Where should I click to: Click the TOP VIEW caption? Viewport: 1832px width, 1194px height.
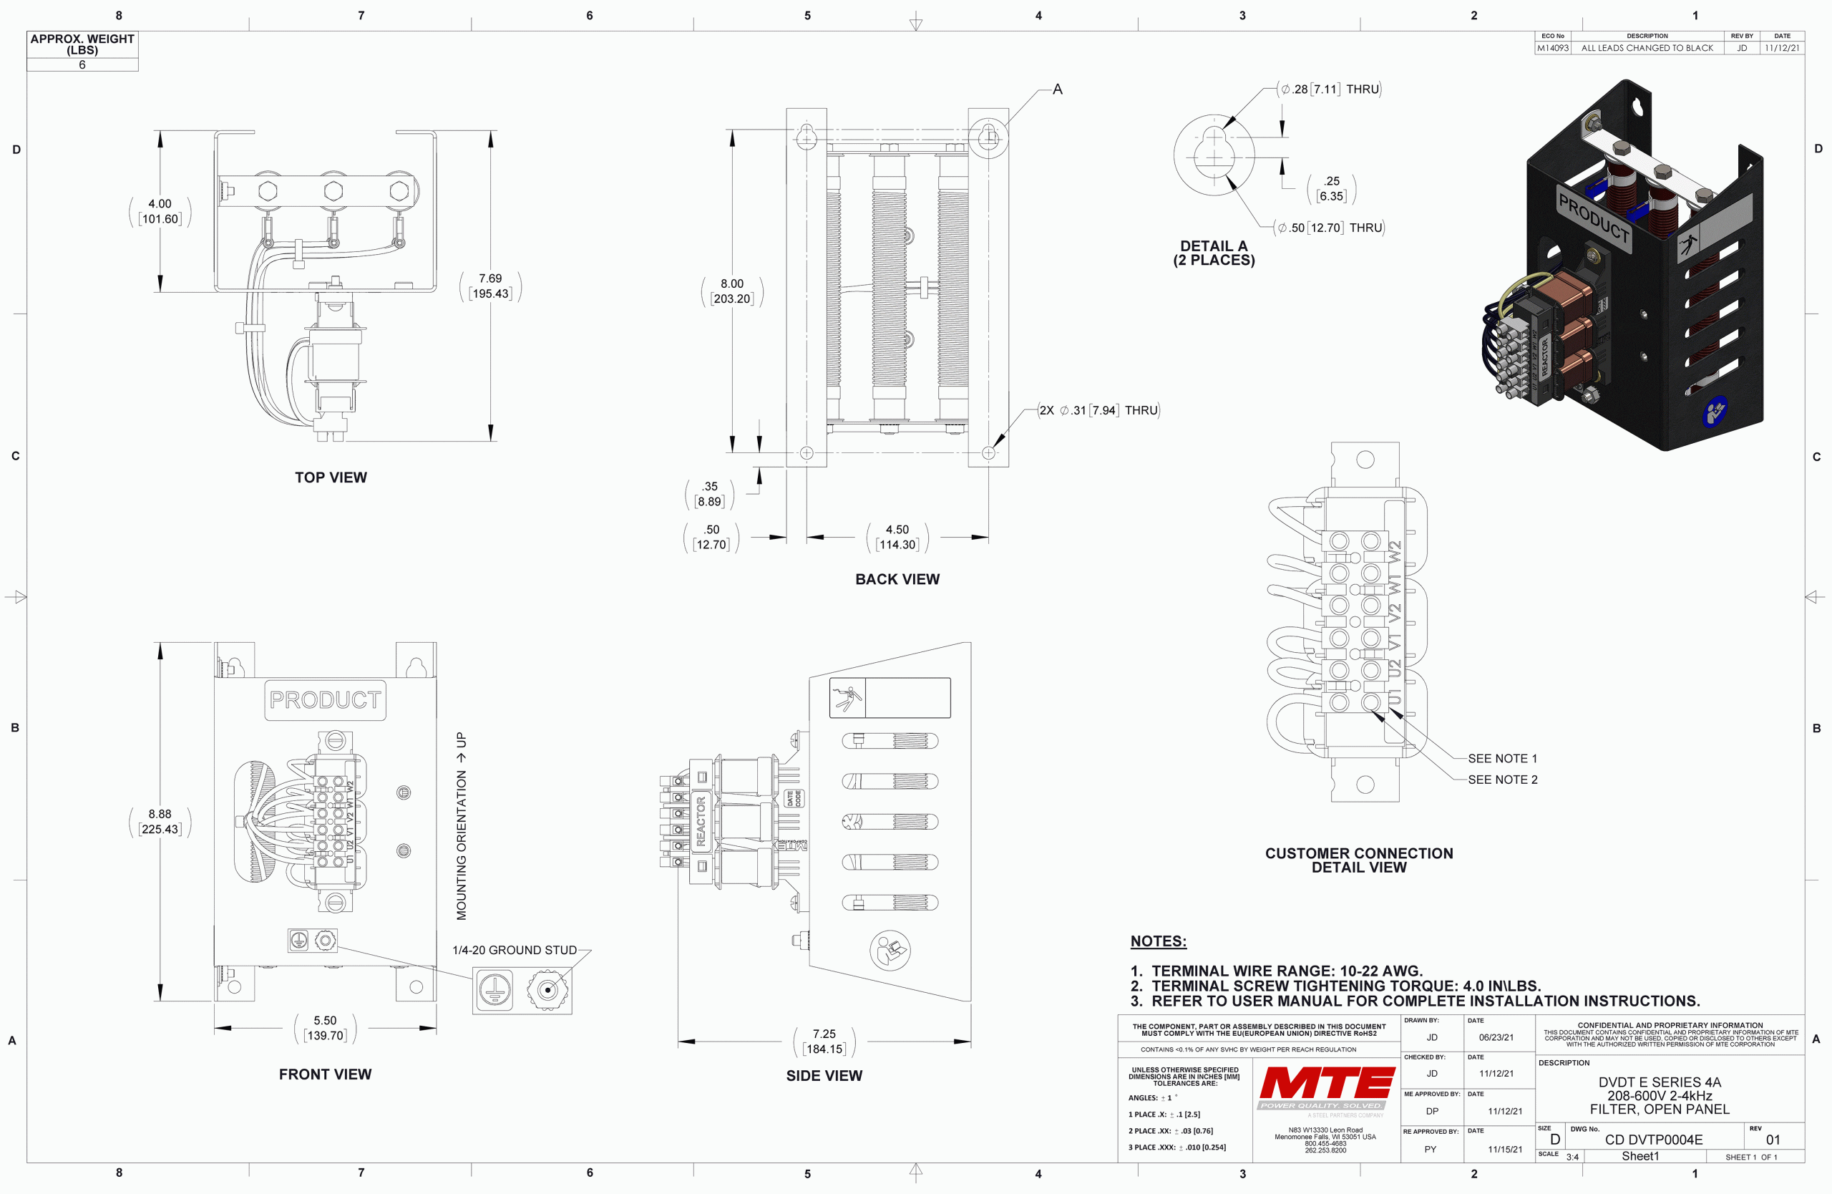[331, 477]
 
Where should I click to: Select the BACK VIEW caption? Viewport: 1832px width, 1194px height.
[897, 579]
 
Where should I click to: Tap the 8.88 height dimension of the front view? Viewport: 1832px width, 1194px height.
[160, 821]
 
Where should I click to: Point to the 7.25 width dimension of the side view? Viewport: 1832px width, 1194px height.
[824, 1042]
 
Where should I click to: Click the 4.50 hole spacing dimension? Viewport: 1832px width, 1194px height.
[897, 538]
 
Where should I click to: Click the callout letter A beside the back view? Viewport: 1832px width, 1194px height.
[1057, 89]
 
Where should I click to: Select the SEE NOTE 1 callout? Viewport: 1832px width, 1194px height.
[1502, 758]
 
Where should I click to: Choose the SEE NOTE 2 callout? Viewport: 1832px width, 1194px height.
[1502, 780]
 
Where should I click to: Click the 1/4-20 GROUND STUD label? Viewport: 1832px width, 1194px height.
[515, 950]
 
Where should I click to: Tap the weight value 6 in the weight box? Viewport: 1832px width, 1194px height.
[82, 64]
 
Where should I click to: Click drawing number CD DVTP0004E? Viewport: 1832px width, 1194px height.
[1653, 1140]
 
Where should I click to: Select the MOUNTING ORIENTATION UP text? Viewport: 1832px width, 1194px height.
[461, 825]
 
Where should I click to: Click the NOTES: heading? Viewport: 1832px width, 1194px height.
[1158, 941]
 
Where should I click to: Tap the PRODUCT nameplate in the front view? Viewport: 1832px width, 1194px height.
[325, 700]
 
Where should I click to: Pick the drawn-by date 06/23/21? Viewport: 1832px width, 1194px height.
[1496, 1037]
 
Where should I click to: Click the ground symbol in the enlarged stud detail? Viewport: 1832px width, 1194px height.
[495, 989]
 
